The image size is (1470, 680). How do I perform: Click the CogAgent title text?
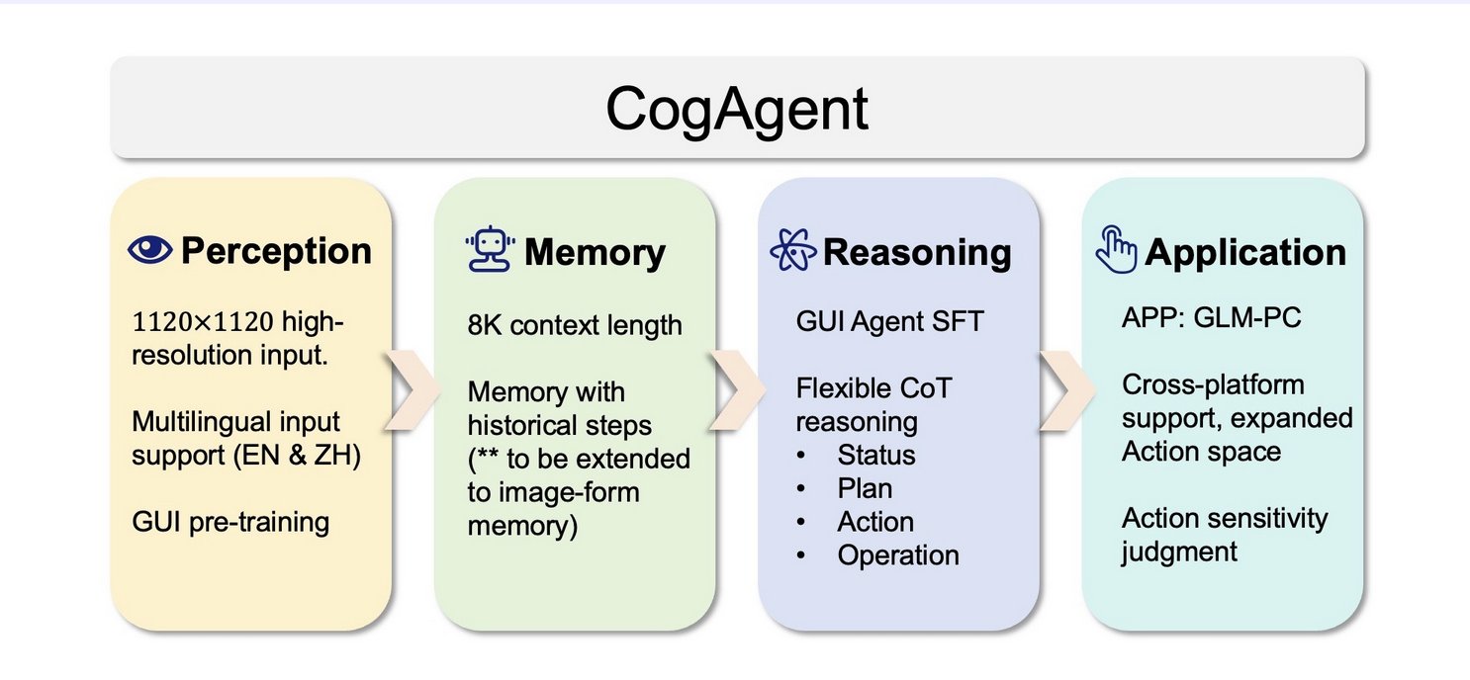click(737, 110)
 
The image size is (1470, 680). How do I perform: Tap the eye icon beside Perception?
click(150, 250)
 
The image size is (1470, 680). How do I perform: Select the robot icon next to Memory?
click(490, 251)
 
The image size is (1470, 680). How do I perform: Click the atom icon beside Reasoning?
click(793, 251)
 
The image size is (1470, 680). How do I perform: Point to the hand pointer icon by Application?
click(1116, 251)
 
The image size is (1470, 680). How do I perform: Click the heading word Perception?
click(276, 251)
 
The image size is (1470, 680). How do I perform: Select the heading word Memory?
click(595, 252)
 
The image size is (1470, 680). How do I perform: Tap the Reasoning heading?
click(917, 252)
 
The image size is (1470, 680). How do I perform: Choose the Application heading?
click(1245, 252)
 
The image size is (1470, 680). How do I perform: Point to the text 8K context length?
click(575, 324)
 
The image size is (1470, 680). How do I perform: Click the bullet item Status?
click(875, 455)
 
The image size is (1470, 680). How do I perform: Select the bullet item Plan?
click(865, 488)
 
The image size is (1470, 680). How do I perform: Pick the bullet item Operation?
click(897, 555)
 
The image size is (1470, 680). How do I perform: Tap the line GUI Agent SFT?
click(889, 322)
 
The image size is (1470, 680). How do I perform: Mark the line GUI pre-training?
click(230, 522)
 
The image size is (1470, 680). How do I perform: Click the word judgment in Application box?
click(1179, 551)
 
